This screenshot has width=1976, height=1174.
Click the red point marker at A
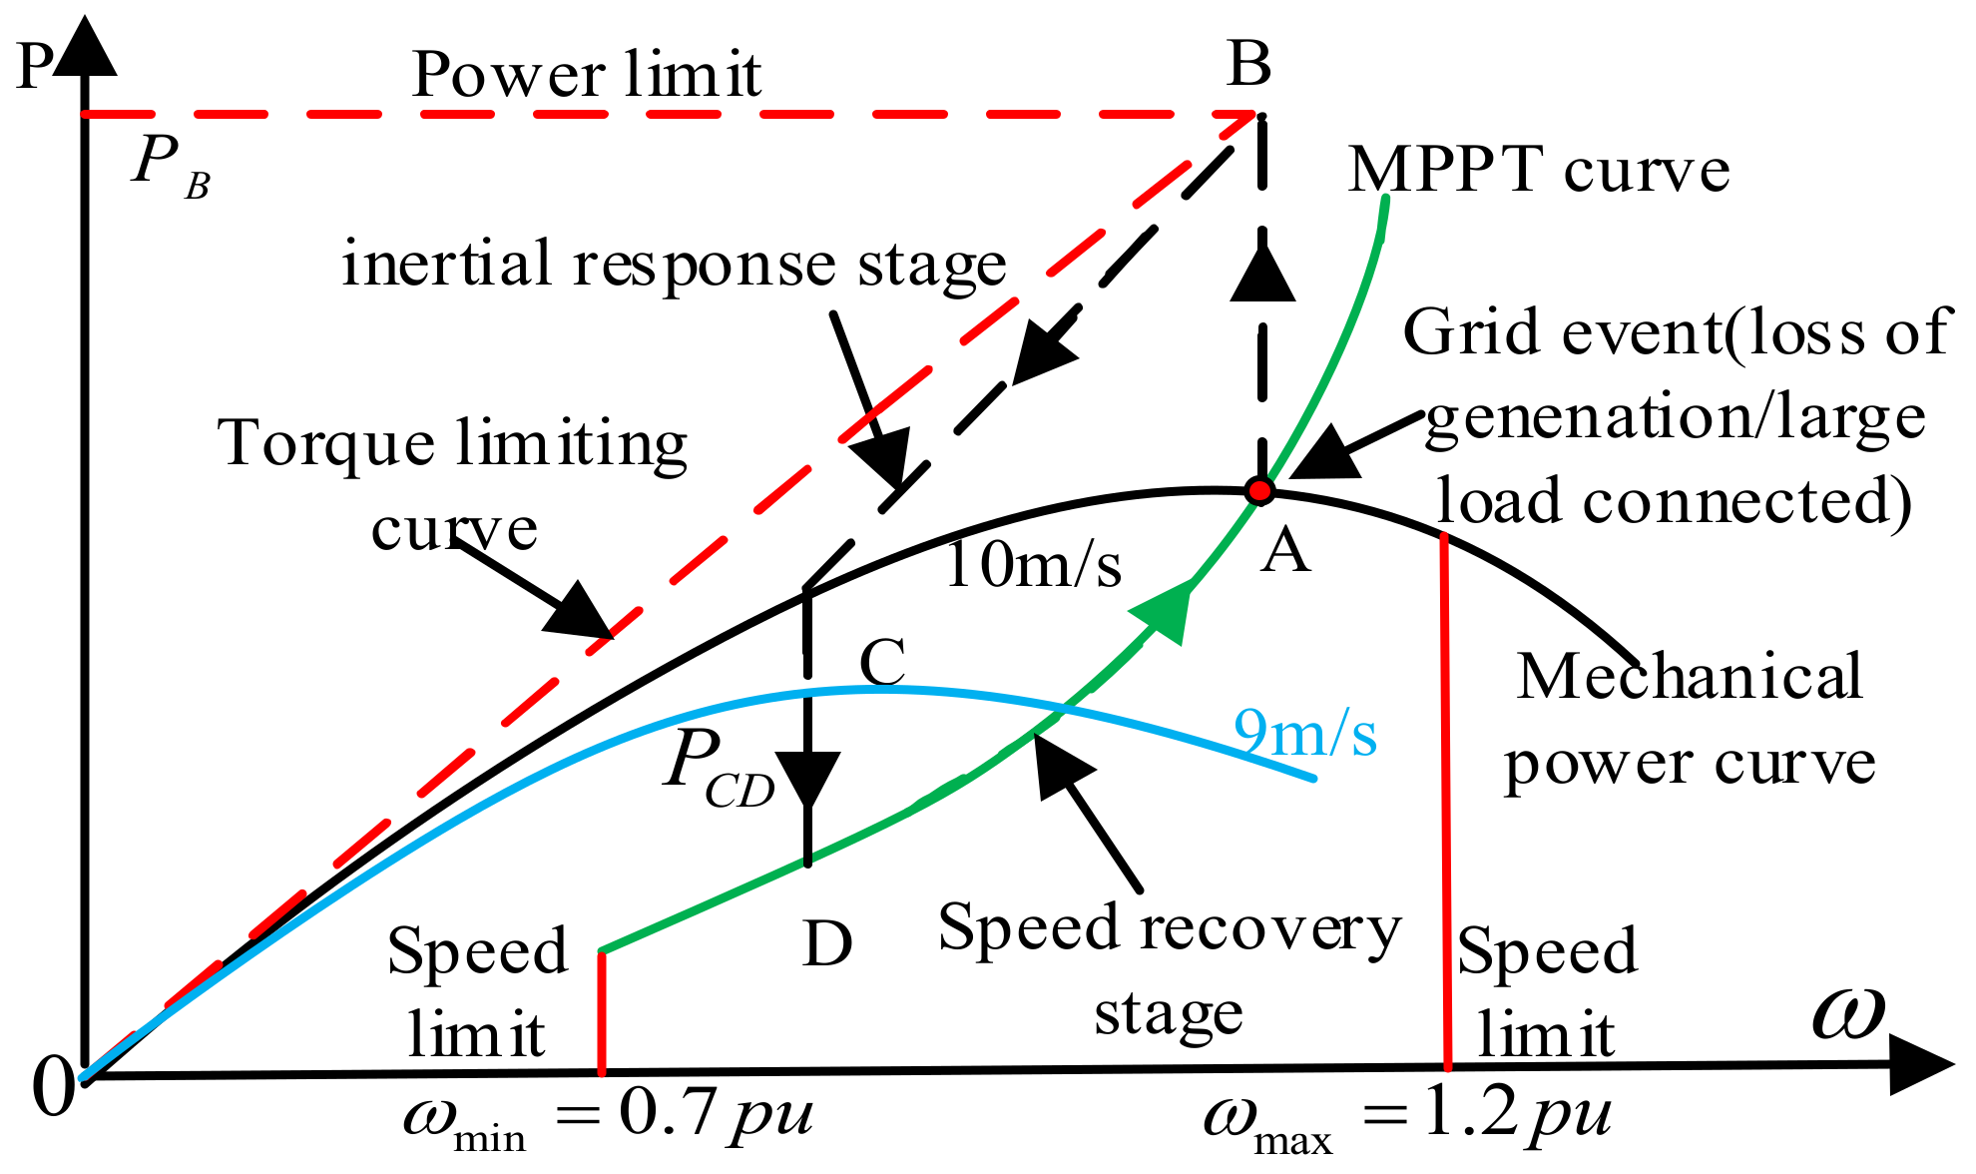1259,490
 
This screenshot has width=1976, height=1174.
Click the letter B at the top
1248,65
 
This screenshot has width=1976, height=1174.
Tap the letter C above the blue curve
882,662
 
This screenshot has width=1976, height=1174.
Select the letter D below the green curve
827,943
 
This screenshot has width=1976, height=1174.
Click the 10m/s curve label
1032,565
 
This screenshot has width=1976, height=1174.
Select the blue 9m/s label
1304,733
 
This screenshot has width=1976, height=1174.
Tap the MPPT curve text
1538,170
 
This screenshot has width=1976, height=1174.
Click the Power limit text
587,75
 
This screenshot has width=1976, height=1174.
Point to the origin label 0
52,1086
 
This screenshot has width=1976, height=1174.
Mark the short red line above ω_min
602,1011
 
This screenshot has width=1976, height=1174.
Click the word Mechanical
1689,677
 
